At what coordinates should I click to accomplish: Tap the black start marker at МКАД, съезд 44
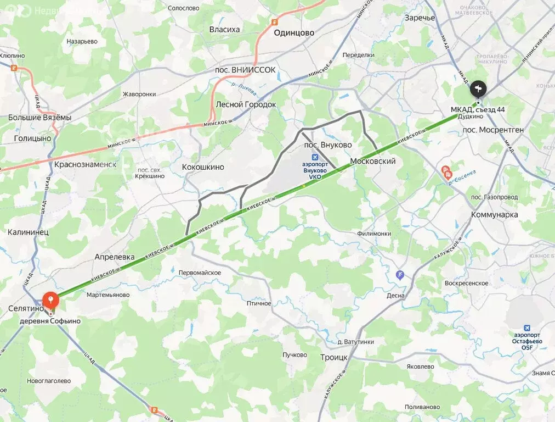(x=478, y=88)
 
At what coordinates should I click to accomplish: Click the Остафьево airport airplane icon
(x=527, y=327)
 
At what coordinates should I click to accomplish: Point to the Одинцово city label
(x=293, y=32)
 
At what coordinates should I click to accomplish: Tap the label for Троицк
(x=333, y=357)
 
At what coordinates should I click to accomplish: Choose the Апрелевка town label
(x=115, y=257)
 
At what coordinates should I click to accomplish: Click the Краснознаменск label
(x=86, y=164)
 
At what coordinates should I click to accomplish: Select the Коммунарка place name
(x=494, y=214)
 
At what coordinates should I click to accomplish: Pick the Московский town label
(x=372, y=161)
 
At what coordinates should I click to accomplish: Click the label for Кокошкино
(x=203, y=166)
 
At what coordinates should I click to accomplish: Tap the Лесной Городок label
(x=246, y=104)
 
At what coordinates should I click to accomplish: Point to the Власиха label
(x=224, y=29)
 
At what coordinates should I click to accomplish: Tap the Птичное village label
(x=259, y=303)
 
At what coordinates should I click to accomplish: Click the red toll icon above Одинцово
(x=274, y=22)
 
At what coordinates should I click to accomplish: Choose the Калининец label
(x=28, y=232)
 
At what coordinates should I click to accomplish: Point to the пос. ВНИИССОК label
(x=245, y=70)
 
